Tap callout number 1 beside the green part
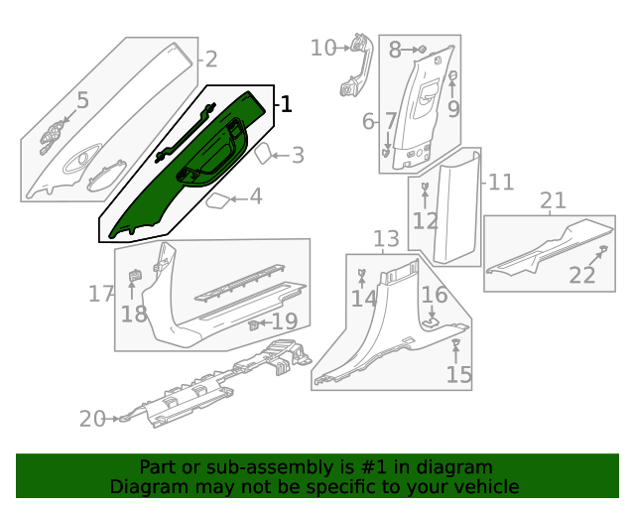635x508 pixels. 286,104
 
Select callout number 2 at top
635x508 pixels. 210,60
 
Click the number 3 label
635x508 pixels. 297,156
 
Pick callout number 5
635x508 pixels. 82,100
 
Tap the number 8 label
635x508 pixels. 394,49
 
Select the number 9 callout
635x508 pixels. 453,109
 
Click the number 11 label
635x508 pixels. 501,183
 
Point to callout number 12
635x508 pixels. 426,220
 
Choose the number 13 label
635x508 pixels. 386,239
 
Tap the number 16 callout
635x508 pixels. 435,295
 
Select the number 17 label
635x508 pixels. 101,294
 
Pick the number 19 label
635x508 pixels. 284,321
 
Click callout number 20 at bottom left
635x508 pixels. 91,420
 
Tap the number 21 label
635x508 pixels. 553,202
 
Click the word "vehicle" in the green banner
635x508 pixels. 485,486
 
